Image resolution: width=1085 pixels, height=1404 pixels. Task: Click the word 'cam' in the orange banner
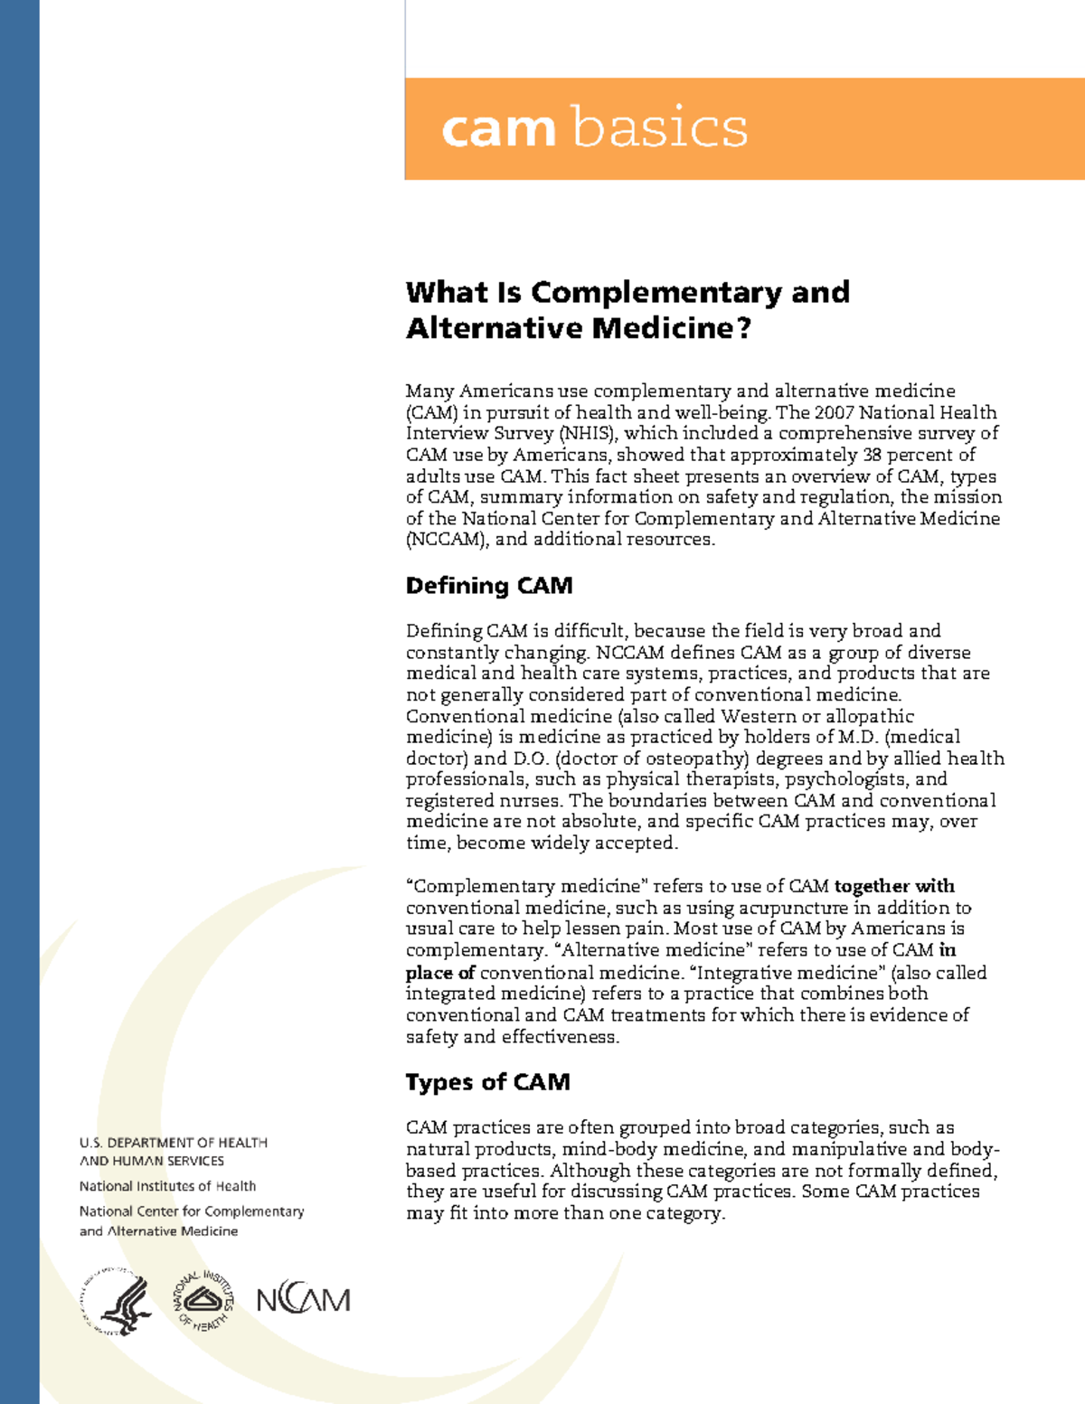tap(497, 129)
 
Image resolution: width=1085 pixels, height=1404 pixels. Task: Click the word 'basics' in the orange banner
tap(660, 127)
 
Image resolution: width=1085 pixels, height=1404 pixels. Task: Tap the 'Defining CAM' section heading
tap(489, 586)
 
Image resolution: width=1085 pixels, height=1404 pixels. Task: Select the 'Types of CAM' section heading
tap(487, 1082)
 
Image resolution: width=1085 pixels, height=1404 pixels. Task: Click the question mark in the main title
tap(743, 327)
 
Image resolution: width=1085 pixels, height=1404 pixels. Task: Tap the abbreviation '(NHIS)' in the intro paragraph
tap(588, 433)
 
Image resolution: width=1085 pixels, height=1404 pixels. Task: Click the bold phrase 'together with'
tap(894, 886)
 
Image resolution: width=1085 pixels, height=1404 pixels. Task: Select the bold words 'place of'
tap(440, 973)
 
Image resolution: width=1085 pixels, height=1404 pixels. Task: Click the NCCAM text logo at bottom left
tap(303, 1300)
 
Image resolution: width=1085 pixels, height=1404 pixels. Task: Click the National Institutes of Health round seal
tap(203, 1301)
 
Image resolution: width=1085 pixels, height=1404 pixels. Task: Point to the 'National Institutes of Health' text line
tap(167, 1186)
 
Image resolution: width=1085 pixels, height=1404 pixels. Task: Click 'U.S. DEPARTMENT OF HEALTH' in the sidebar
tap(174, 1143)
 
